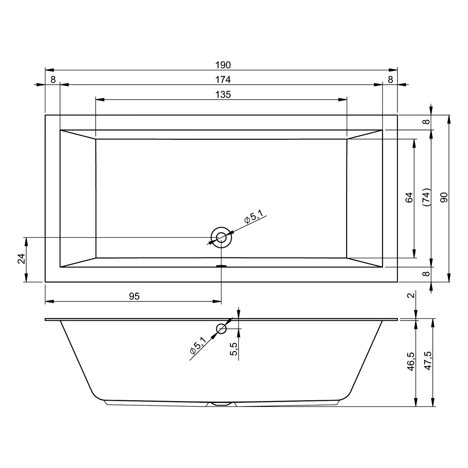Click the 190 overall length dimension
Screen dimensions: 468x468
pyautogui.click(x=223, y=65)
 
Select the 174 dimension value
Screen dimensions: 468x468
pyautogui.click(x=223, y=80)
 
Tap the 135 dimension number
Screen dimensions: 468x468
pyautogui.click(x=223, y=94)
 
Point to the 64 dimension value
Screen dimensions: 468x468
pyautogui.click(x=409, y=197)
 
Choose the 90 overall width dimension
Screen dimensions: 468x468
pyautogui.click(x=444, y=197)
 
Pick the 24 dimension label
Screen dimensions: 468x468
pyautogui.click(x=21, y=259)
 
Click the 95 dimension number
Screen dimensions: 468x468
pyautogui.click(x=134, y=296)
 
